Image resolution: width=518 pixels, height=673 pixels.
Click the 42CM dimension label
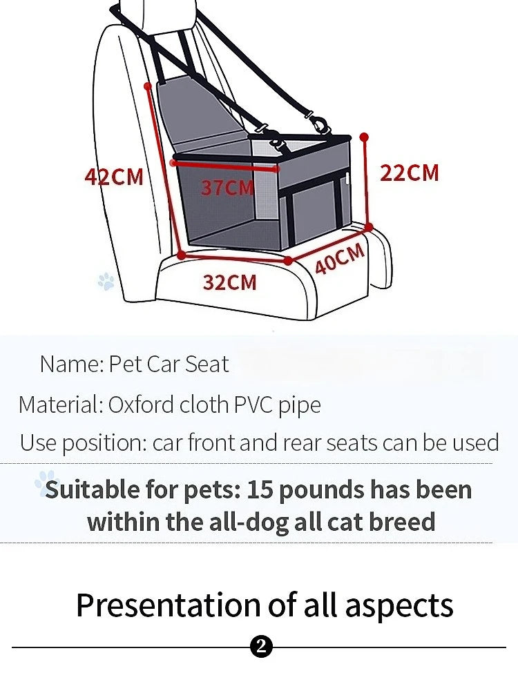pyautogui.click(x=114, y=177)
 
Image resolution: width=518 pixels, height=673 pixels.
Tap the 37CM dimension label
pyautogui.click(x=227, y=187)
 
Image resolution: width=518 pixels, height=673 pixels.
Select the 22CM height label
pyautogui.click(x=409, y=173)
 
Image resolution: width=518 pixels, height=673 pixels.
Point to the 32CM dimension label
pyautogui.click(x=229, y=282)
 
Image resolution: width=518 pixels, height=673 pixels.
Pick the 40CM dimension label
pyautogui.click(x=340, y=259)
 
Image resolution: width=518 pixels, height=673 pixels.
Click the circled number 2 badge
pyautogui.click(x=262, y=647)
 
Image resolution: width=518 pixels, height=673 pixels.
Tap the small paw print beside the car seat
pyautogui.click(x=106, y=281)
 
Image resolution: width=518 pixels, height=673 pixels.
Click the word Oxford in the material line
pyautogui.click(x=141, y=404)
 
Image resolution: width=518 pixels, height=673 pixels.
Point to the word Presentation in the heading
pyautogui.click(x=166, y=605)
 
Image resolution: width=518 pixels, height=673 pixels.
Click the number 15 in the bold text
pyautogui.click(x=260, y=489)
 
